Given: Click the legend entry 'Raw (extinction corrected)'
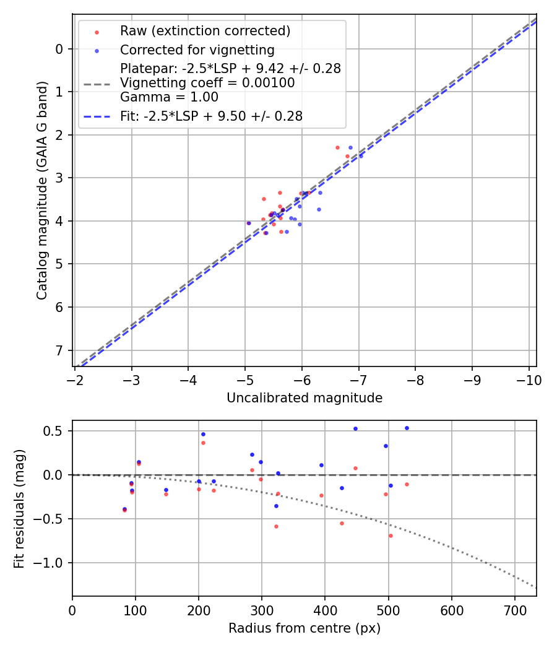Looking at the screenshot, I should click(x=205, y=31).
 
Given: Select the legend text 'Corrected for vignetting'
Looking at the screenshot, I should click(x=197, y=50).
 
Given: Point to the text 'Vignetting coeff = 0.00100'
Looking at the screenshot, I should click(x=207, y=83).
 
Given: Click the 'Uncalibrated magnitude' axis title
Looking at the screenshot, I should click(x=304, y=398).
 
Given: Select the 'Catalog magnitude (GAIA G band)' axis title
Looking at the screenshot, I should click(x=42, y=188).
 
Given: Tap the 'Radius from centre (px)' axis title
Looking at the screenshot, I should click(x=304, y=628).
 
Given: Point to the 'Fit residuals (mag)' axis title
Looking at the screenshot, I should click(x=20, y=508).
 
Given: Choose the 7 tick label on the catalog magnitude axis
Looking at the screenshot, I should click(x=59, y=350).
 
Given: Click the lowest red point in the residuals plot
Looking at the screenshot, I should click(x=391, y=535).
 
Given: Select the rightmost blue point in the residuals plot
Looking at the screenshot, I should click(x=407, y=428).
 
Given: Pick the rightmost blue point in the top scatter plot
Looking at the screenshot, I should click(x=361, y=156).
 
